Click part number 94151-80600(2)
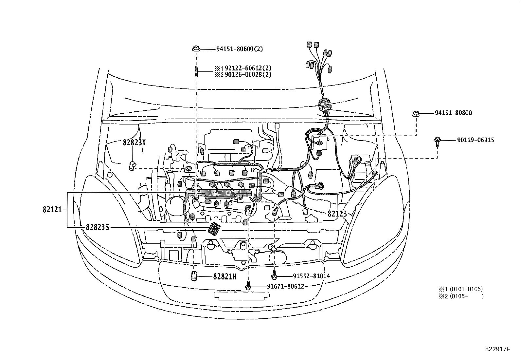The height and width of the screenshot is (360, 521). (x=240, y=49)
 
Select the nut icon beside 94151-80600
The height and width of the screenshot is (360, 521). (x=196, y=49)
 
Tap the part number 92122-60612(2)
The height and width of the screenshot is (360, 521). (x=248, y=68)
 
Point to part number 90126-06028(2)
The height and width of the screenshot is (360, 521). (x=248, y=75)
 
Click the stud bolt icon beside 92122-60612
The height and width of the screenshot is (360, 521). (x=196, y=71)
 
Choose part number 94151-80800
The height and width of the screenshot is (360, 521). (x=453, y=113)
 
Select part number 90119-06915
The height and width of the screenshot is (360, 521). (x=476, y=140)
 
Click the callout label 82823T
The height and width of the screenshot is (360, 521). (x=134, y=142)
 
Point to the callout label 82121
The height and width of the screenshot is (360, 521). (x=52, y=210)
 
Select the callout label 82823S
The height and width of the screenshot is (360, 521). (x=97, y=227)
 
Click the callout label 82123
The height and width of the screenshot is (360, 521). (x=337, y=214)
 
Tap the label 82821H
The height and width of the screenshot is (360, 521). (x=225, y=276)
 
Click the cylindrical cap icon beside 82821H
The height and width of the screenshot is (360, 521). (x=194, y=275)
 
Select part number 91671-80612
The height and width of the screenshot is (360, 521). (x=285, y=287)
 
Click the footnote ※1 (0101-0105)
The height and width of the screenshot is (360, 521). (x=460, y=289)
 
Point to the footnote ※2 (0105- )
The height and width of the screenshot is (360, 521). (x=460, y=296)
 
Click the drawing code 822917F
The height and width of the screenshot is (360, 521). (x=497, y=349)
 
